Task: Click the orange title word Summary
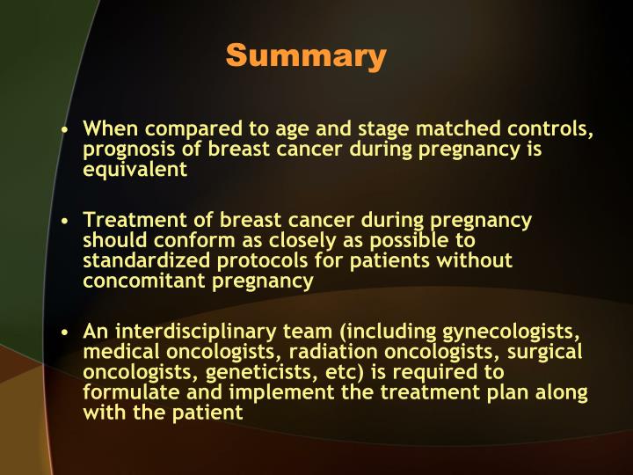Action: (306, 56)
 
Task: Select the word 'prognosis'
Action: (127, 150)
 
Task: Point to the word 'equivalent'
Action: (135, 169)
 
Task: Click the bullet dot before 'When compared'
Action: (66, 130)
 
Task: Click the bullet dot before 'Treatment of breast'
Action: (66, 221)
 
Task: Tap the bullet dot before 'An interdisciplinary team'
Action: (66, 332)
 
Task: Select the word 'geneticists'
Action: (263, 371)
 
